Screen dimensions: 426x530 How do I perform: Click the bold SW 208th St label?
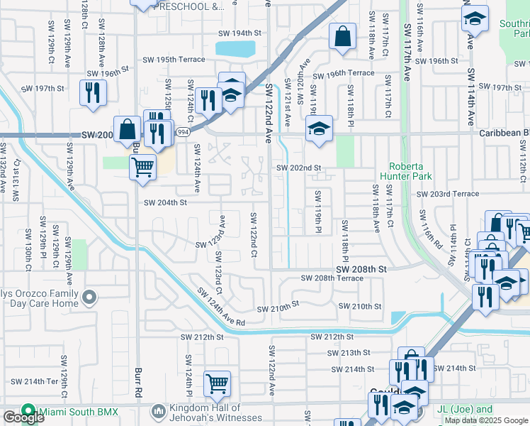pos(361,270)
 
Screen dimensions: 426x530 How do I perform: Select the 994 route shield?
pos(183,132)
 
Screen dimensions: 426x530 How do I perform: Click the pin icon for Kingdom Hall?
pos(158,411)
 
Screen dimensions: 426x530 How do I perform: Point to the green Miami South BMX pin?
pos(28,411)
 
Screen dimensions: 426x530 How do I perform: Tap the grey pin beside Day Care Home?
pos(89,297)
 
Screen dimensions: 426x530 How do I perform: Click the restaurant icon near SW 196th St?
pos(93,92)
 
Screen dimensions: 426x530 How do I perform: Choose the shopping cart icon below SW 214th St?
pos(217,383)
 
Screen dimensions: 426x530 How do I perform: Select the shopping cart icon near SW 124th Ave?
pos(142,168)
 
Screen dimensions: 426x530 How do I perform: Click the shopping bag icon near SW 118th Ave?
pos(342,37)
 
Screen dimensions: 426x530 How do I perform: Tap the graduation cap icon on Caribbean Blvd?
pos(319,129)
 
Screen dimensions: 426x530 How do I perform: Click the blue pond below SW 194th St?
pos(235,49)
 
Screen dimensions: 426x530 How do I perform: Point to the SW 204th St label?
pos(165,202)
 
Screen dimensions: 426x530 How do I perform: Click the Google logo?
pos(23,418)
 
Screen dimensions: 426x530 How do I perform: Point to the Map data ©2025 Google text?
pos(485,420)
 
